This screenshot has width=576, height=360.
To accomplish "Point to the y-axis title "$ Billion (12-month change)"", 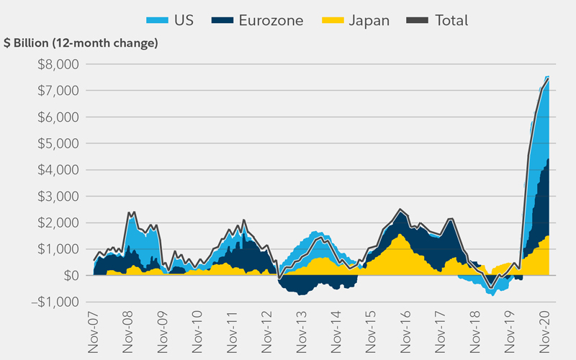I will click(81, 43).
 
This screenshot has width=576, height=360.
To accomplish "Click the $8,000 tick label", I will click(61, 64).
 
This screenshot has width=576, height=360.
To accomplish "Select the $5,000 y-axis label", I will click(61, 143).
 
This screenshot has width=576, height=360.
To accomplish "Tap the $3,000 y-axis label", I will click(61, 196).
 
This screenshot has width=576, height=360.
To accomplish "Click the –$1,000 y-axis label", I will click(58, 302).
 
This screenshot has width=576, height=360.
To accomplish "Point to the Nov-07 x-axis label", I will click(94, 332).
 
